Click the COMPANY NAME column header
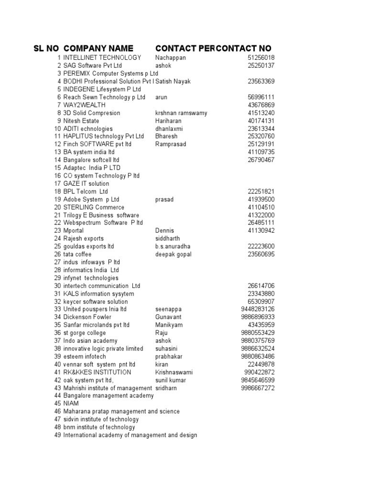point(98,48)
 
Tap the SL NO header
point(46,48)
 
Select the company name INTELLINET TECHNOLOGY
point(102,58)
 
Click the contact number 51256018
point(261,58)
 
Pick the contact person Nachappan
point(171,58)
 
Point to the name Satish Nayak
point(173,82)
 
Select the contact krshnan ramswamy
point(181,113)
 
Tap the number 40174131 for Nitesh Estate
point(261,121)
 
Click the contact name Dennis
point(165,231)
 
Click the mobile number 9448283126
point(258,309)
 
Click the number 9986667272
point(258,388)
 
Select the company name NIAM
point(71,404)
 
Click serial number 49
point(58,435)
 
